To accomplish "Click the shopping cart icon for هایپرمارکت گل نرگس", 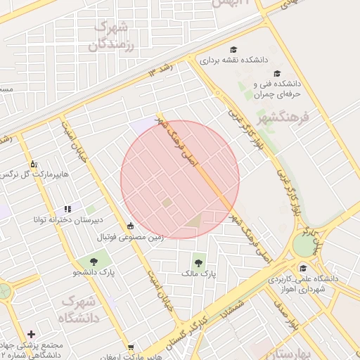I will pos(33,164).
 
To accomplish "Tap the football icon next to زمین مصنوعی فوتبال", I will pos(130,226).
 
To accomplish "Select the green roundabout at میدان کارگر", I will pos(304,244).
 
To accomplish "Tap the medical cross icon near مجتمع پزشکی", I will pos(31,334).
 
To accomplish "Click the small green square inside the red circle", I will pos(167,202).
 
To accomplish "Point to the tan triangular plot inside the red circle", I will pos(193,221).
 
